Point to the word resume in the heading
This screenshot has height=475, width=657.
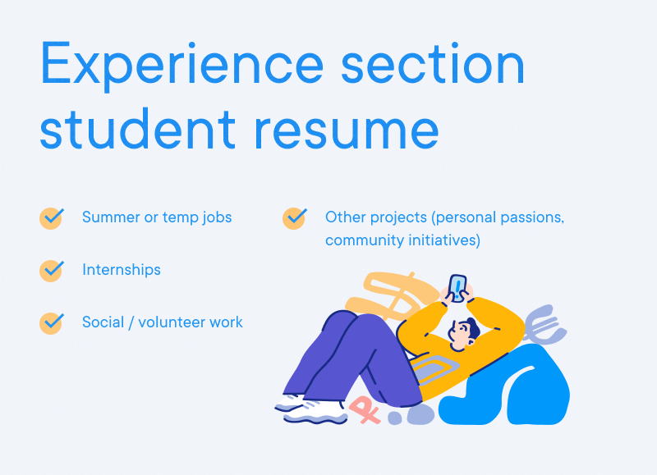(346, 130)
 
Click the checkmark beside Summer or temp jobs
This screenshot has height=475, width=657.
(52, 218)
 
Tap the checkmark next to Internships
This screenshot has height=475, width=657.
(52, 270)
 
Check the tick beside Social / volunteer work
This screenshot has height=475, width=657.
(52, 322)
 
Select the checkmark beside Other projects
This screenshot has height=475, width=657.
(295, 218)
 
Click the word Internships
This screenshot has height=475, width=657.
(122, 270)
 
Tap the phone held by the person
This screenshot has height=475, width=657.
(457, 287)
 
